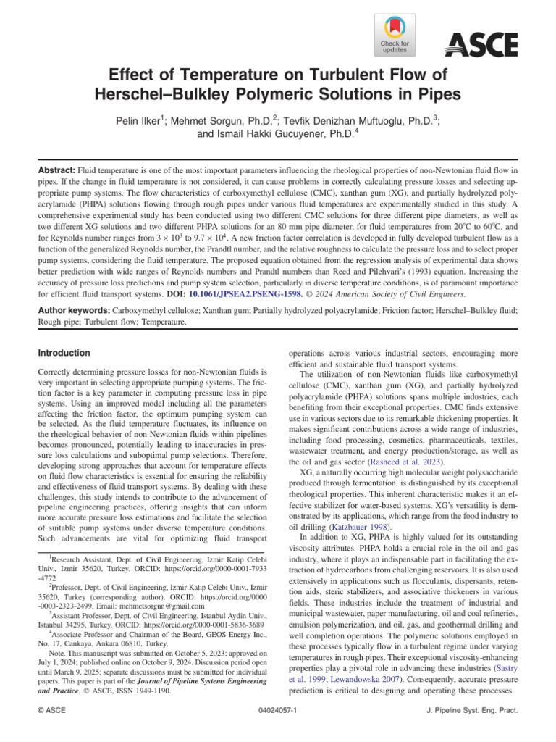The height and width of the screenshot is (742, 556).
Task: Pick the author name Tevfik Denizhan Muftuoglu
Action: [x=355, y=119]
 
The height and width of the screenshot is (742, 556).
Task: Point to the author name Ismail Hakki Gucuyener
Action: [x=278, y=133]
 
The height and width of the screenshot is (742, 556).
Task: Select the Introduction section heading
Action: [x=64, y=353]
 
